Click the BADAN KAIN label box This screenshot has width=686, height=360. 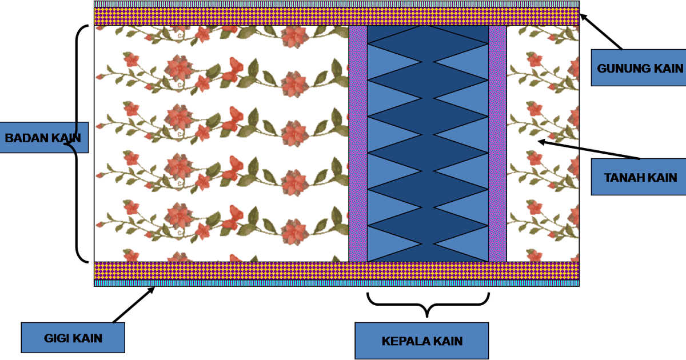(43, 138)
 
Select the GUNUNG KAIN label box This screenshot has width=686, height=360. (639, 68)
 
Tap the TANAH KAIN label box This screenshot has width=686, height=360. (639, 177)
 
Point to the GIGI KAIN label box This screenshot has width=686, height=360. (73, 338)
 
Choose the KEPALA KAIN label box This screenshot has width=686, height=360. (421, 341)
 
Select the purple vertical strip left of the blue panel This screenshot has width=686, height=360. (358, 143)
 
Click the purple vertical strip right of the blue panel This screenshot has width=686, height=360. (497, 143)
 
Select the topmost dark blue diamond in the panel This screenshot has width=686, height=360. (428, 35)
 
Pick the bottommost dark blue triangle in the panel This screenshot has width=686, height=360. (428, 254)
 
